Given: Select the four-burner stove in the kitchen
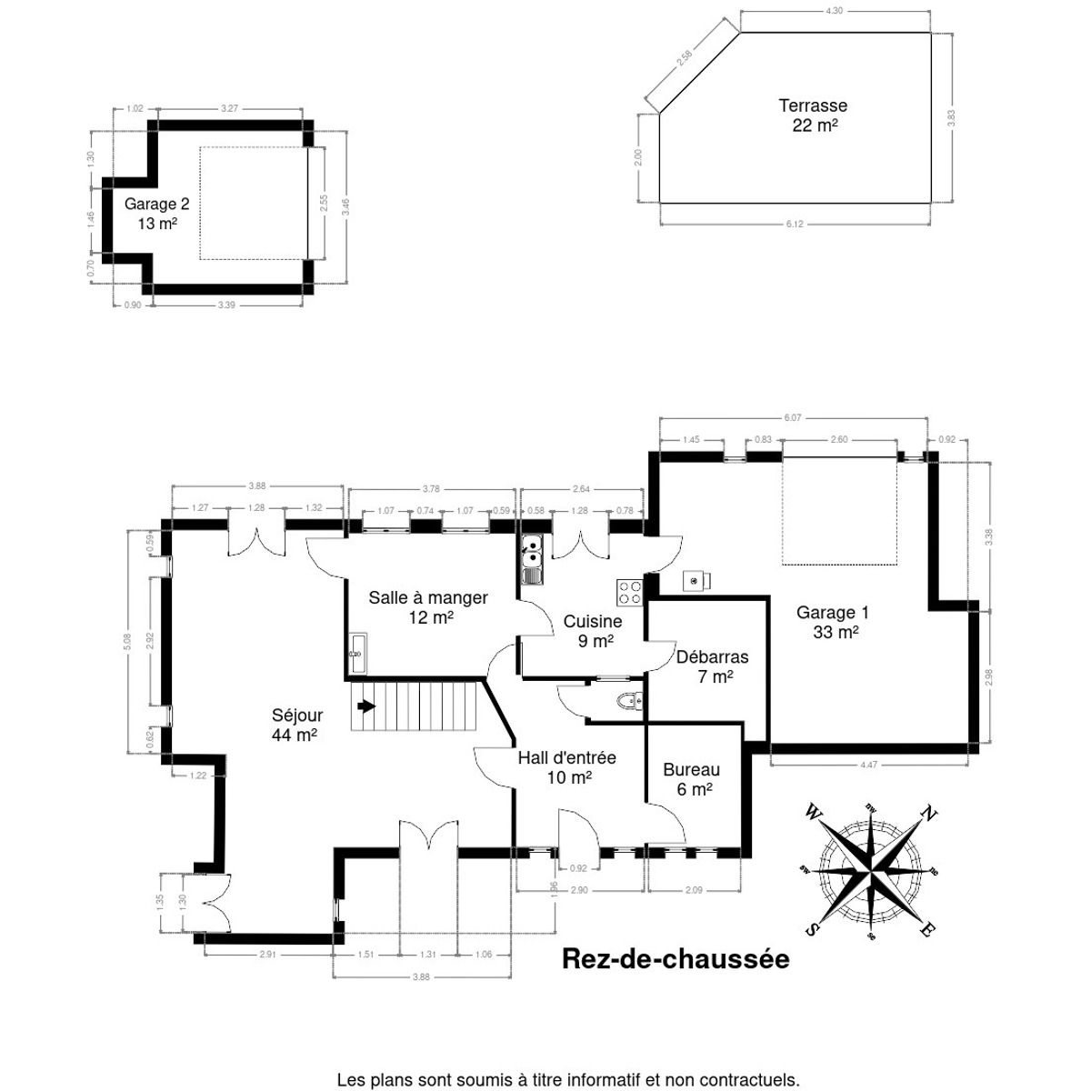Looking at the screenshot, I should click(x=629, y=592).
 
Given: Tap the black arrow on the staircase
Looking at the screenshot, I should click(x=365, y=706).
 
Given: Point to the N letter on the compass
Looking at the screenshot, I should click(x=928, y=813).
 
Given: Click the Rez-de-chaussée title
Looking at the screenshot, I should click(x=676, y=958).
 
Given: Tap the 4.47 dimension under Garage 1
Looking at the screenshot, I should click(x=868, y=766).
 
